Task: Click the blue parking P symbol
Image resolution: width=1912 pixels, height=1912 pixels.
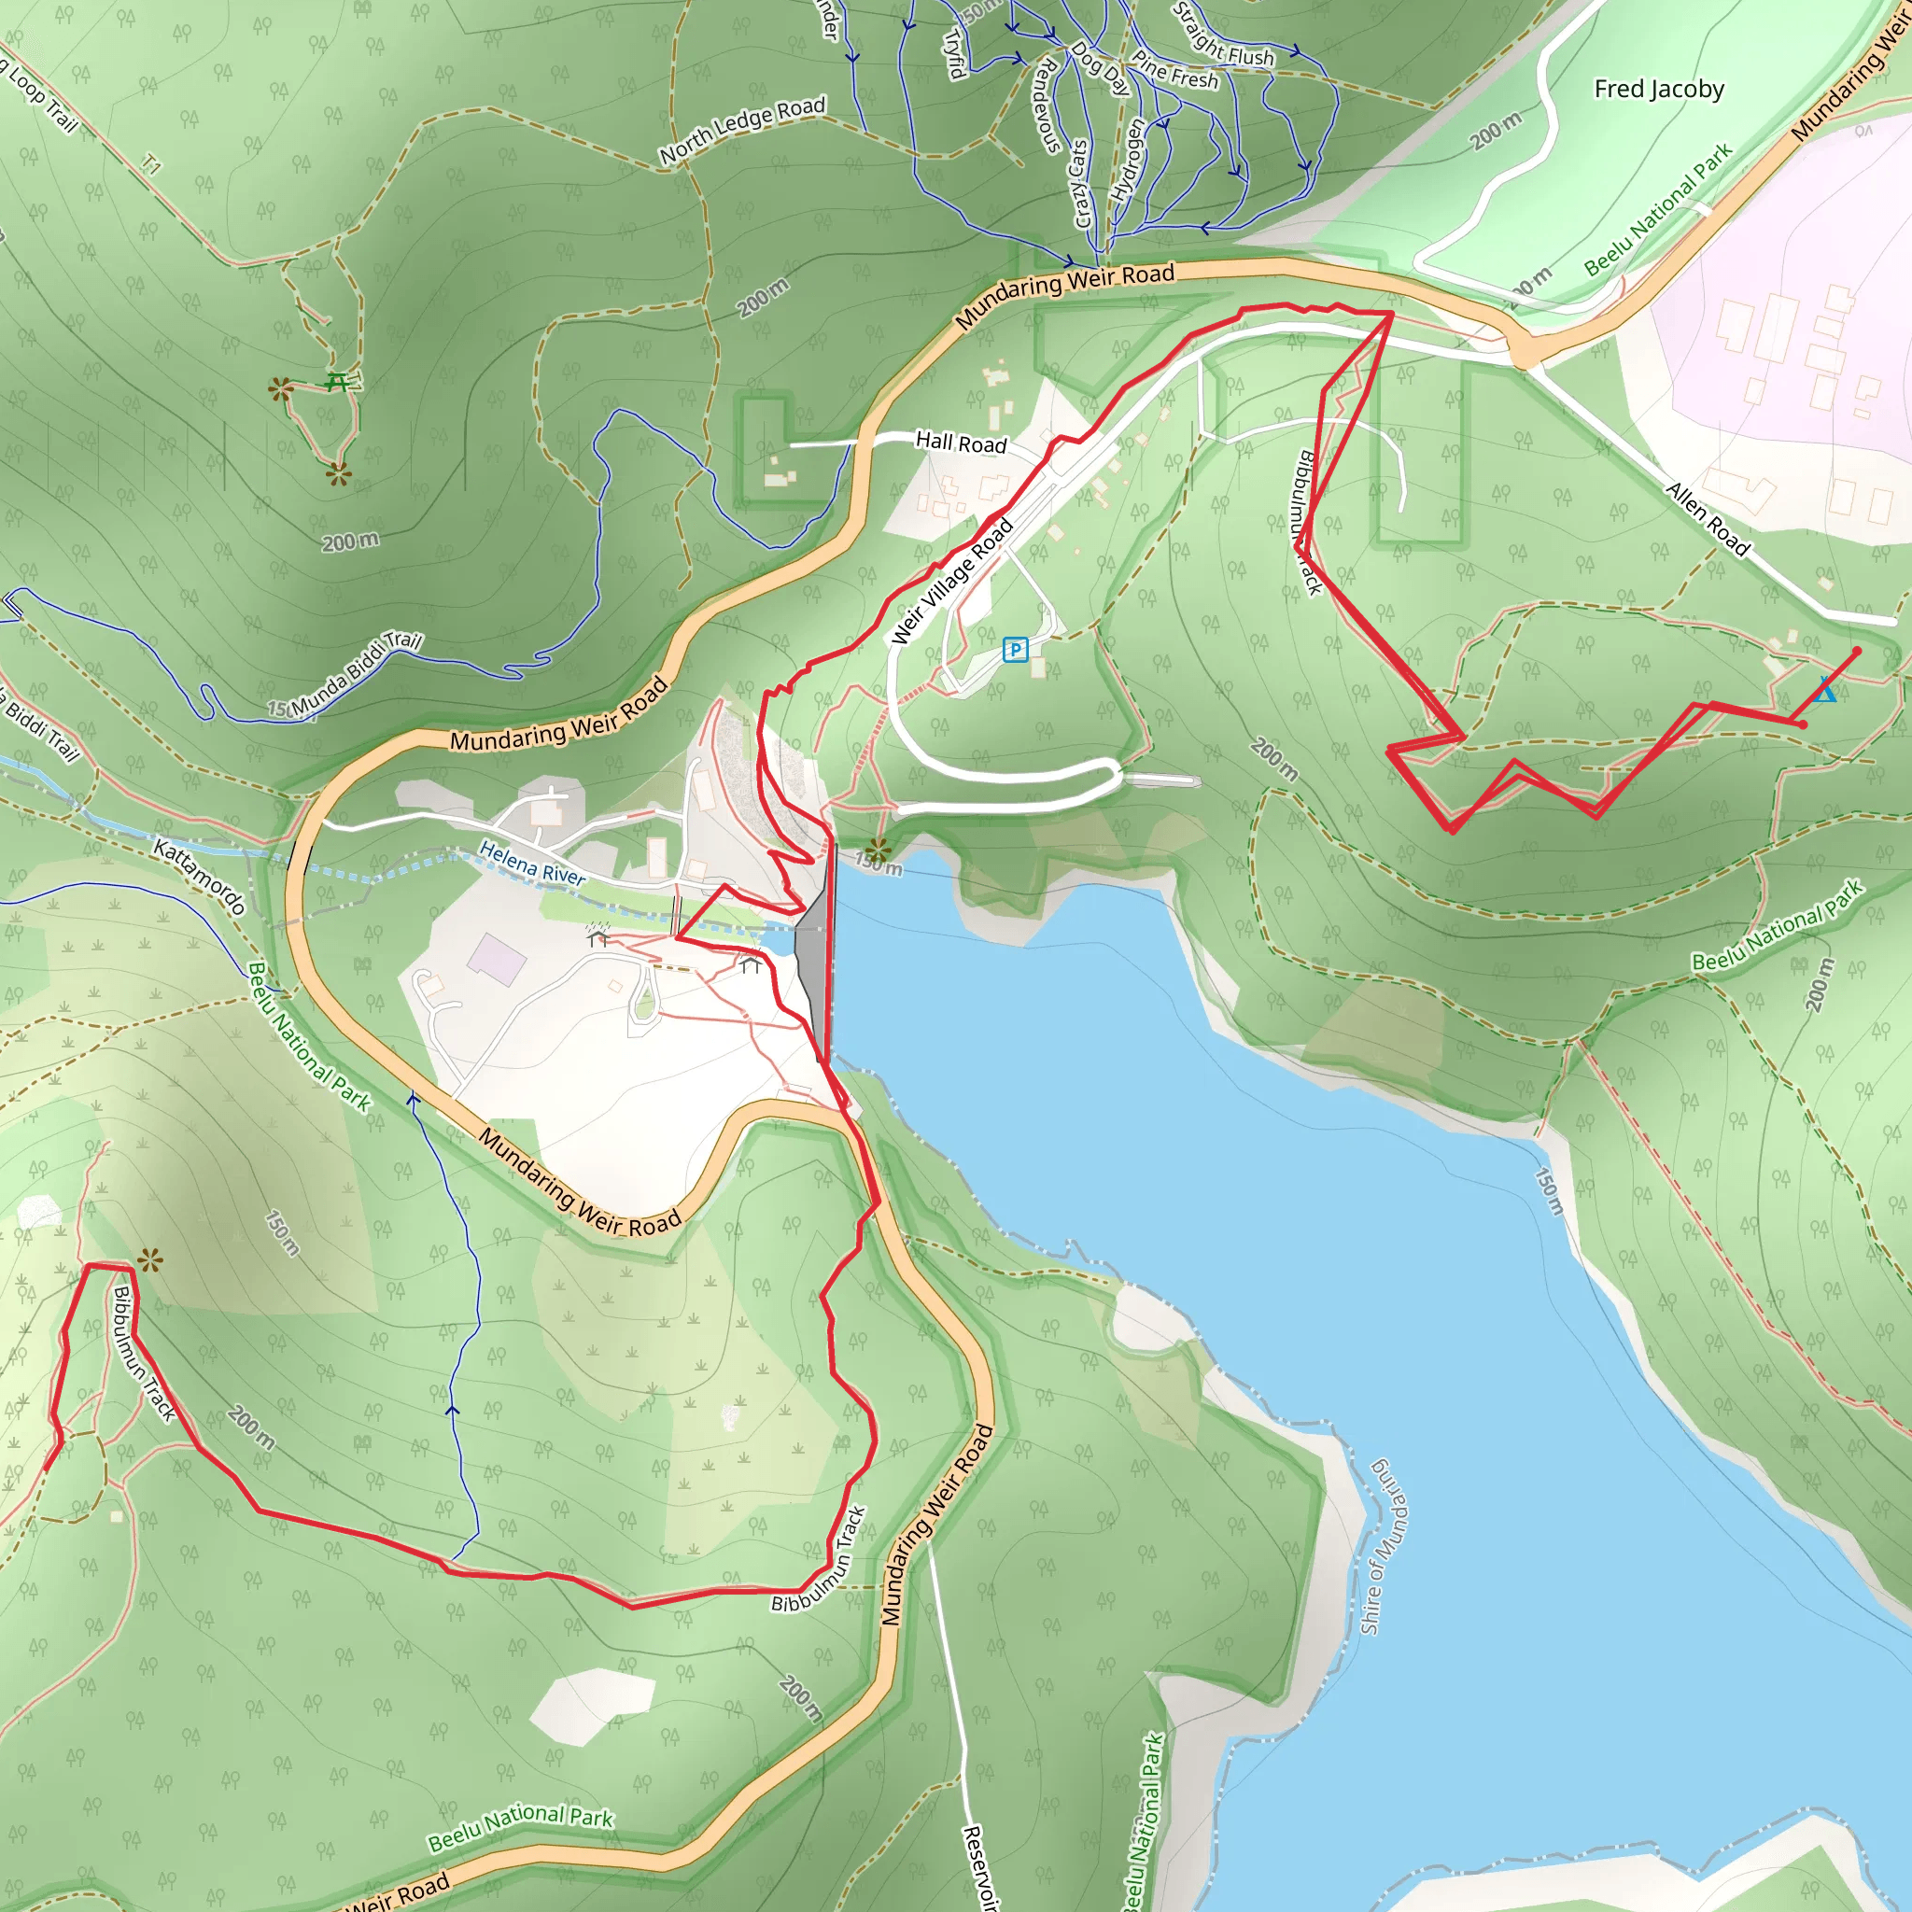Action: pyautogui.click(x=1016, y=649)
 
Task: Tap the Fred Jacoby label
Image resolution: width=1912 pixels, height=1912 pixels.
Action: pyautogui.click(x=1659, y=89)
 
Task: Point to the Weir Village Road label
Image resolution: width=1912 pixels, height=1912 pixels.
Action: pyautogui.click(x=952, y=581)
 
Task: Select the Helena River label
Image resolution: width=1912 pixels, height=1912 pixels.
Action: pyautogui.click(x=532, y=862)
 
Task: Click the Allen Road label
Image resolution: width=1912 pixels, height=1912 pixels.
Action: pyautogui.click(x=1708, y=518)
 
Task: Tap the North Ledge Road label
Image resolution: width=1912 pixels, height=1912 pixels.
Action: pyautogui.click(x=742, y=131)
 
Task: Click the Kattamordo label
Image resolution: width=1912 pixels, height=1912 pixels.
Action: pyautogui.click(x=199, y=876)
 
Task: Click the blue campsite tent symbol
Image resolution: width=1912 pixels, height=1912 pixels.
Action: pyautogui.click(x=1825, y=690)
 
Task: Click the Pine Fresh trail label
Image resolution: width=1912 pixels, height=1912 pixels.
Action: pyautogui.click(x=1174, y=70)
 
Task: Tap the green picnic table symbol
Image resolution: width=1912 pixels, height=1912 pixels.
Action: pyautogui.click(x=337, y=382)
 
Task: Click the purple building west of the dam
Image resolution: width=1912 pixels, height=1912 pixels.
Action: pyautogui.click(x=497, y=958)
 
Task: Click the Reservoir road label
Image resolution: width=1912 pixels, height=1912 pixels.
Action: pyautogui.click(x=977, y=1864)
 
